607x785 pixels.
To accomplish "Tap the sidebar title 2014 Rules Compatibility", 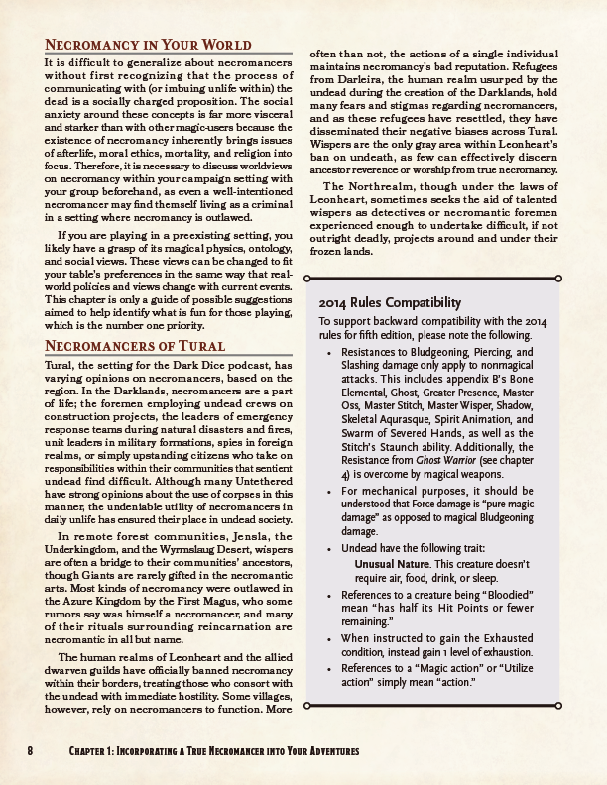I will coord(390,302).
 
